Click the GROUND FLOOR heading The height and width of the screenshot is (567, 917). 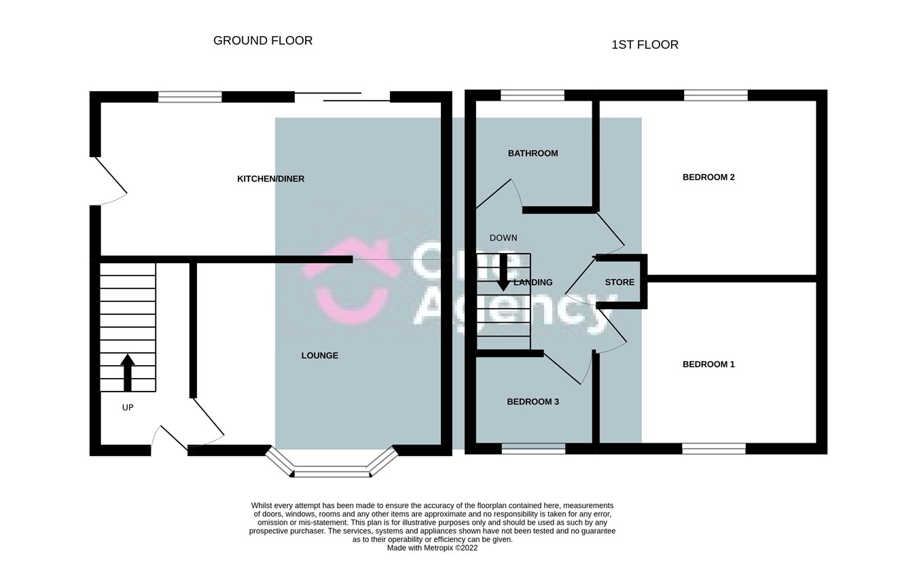point(263,41)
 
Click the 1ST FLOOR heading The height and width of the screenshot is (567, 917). point(645,45)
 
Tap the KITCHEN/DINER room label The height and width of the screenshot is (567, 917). point(270,179)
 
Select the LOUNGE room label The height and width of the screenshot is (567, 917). point(319,356)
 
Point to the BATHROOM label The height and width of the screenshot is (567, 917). point(533,154)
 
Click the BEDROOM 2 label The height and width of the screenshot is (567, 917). point(708,177)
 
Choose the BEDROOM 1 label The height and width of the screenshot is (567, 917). point(708,364)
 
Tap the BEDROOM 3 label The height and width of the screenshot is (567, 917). point(533,402)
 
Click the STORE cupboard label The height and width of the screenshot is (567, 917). point(619,282)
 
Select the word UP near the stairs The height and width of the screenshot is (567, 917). point(128,408)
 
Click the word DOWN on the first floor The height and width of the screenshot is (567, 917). point(503,238)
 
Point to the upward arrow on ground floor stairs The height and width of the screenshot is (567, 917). point(128,372)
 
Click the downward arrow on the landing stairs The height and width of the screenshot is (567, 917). point(503,273)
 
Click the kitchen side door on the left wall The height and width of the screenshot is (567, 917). point(109,181)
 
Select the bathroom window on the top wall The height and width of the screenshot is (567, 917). point(533,96)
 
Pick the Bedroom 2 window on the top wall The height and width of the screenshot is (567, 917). point(715,96)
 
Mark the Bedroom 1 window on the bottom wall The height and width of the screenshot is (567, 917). point(713,448)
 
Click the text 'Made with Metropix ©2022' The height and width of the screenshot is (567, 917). point(432,548)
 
